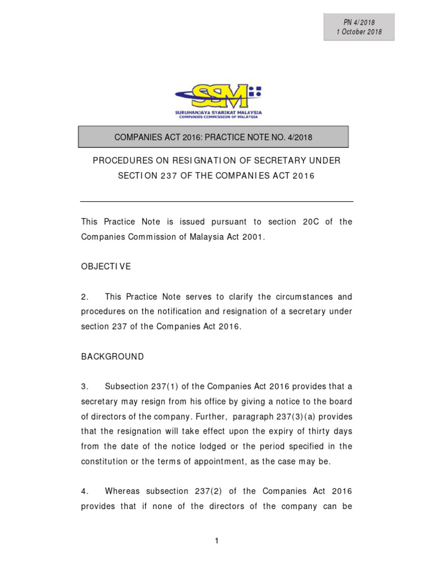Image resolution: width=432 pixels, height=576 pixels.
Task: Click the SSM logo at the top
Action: (218, 101)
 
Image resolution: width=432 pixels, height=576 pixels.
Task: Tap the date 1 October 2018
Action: (359, 32)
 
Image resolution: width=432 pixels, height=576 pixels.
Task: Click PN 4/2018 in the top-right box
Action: (359, 22)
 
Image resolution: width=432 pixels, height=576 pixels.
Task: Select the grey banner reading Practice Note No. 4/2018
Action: (213, 137)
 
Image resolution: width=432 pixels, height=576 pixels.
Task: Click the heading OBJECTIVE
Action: (106, 267)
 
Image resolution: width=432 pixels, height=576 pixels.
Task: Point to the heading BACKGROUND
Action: (112, 357)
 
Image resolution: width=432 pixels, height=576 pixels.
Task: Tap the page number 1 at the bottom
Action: (217, 541)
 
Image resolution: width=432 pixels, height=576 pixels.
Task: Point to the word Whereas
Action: (123, 491)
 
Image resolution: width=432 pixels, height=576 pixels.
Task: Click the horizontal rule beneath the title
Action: (217, 201)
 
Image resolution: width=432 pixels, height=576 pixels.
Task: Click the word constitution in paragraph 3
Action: (106, 461)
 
